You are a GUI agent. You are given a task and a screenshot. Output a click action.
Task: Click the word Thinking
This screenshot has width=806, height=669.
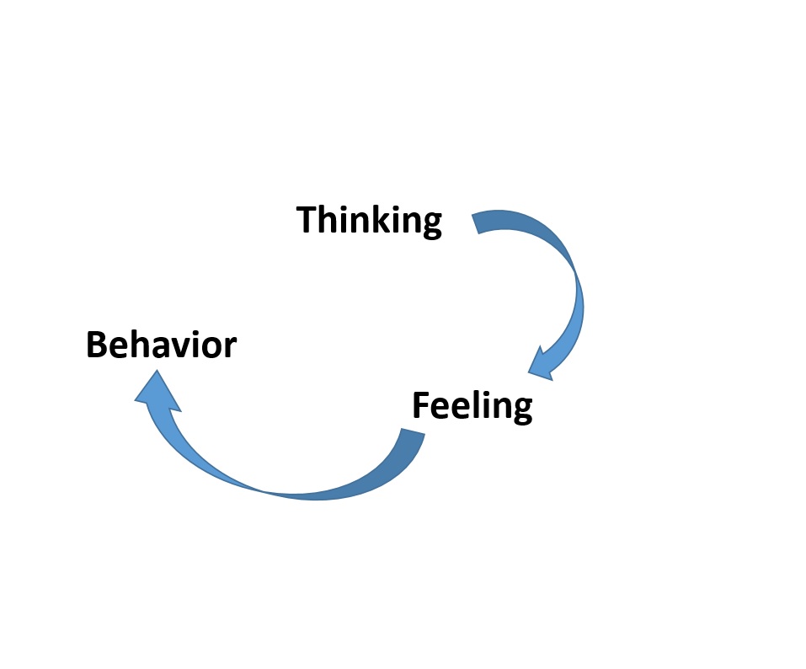tap(369, 221)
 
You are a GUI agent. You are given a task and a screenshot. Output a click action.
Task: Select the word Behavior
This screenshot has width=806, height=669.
tap(161, 345)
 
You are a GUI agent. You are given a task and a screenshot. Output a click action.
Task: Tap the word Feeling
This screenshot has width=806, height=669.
tap(472, 406)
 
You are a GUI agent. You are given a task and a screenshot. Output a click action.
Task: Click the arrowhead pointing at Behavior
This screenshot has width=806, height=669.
tap(155, 393)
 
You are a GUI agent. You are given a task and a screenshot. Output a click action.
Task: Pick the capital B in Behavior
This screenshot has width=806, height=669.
tap(98, 345)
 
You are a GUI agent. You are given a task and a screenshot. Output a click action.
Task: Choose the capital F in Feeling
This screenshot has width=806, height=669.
tap(421, 405)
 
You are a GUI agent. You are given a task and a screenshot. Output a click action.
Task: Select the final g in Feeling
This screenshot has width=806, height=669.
tap(521, 411)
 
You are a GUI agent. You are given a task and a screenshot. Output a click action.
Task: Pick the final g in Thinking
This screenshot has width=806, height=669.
tap(430, 225)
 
